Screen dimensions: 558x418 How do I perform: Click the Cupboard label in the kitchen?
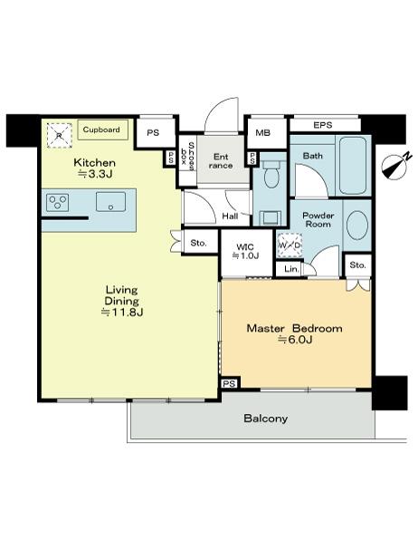coord(101,130)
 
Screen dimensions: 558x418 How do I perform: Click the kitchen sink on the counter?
coord(111,203)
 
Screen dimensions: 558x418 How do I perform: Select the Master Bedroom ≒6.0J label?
coord(295,333)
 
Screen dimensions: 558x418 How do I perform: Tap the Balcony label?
coord(265,418)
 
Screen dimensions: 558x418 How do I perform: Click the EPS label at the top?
coord(322,125)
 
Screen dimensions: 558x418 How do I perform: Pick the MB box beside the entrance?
coord(263,133)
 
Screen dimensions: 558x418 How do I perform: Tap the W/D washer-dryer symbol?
coord(290,245)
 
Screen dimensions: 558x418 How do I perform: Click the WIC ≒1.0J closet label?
coord(246,250)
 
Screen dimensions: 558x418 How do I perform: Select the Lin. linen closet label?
coord(291,269)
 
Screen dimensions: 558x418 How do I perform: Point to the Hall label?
coord(229,216)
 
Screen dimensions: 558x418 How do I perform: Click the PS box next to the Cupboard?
coord(154,132)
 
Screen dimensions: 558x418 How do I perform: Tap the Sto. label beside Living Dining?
coord(199,243)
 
